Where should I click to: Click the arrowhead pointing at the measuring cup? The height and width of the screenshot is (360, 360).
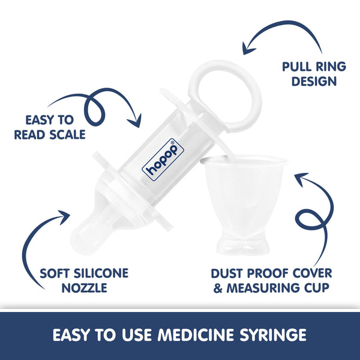coord(298,177)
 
